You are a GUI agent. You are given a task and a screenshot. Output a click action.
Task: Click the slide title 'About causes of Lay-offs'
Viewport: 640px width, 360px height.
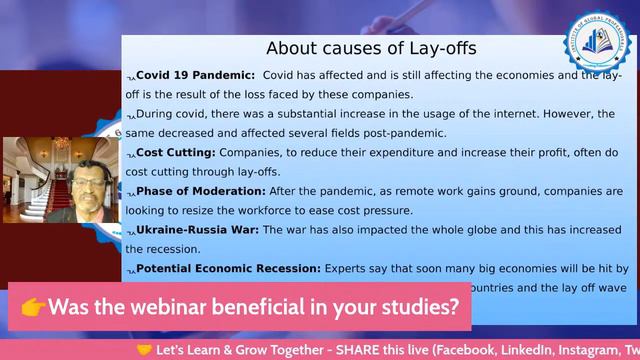pyautogui.click(x=371, y=48)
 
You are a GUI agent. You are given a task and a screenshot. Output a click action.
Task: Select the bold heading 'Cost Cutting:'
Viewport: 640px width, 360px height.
pyautogui.click(x=175, y=152)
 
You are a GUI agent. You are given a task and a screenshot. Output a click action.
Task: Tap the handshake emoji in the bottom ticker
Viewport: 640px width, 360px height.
pyautogui.click(x=144, y=350)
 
